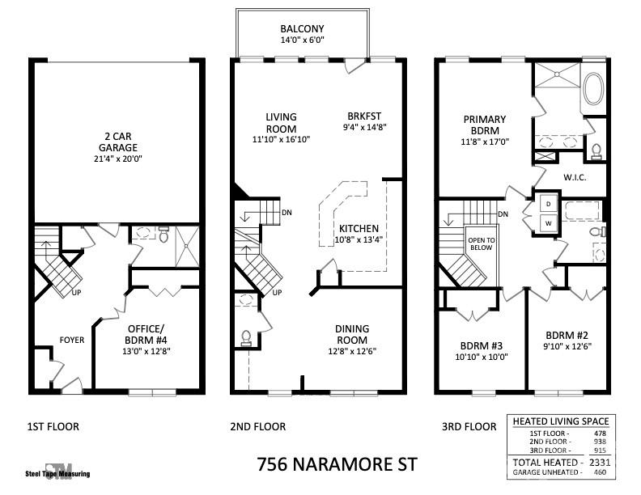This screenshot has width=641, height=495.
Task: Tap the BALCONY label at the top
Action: coord(303,27)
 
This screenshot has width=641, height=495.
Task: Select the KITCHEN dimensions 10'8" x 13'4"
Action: coord(359,239)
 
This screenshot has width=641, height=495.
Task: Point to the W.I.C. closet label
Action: coord(574,177)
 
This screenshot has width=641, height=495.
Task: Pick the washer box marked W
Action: coord(547,222)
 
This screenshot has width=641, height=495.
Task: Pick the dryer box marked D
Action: coord(547,203)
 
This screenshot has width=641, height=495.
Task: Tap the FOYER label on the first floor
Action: coord(70,340)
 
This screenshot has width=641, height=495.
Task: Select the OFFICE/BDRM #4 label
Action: coord(146,334)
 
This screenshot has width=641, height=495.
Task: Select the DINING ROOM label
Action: coord(352,334)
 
